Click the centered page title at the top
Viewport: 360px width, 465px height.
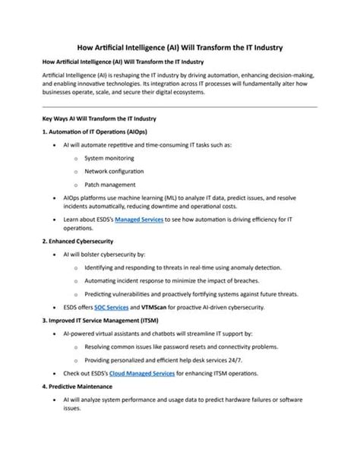[x=180, y=47]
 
